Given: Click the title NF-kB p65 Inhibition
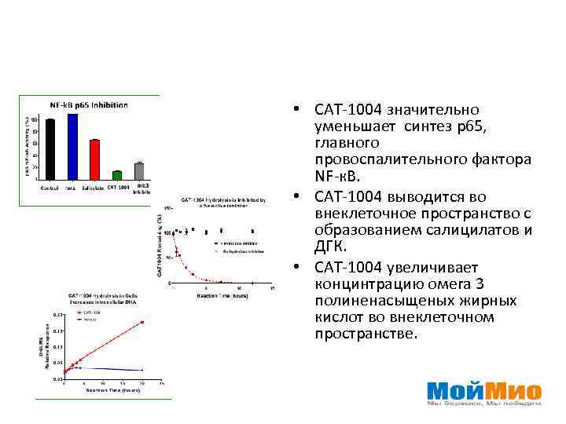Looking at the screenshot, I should click(89, 104).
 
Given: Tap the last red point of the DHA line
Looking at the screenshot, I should click(142, 322).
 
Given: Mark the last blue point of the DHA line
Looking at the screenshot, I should click(142, 370).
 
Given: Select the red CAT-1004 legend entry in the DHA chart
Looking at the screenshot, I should click(91, 313).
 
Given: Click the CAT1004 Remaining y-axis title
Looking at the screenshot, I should click(160, 245).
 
